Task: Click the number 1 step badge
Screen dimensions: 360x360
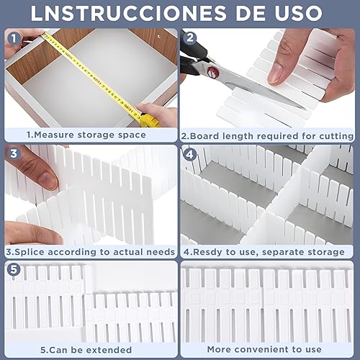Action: click(14, 38)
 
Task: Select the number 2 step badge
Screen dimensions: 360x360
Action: click(190, 37)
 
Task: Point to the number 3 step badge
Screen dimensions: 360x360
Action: click(14, 153)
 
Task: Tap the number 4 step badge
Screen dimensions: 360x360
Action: click(189, 155)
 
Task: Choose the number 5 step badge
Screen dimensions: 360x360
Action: click(14, 269)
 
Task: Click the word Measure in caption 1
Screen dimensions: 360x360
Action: click(54, 135)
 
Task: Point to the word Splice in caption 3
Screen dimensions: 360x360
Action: click(29, 252)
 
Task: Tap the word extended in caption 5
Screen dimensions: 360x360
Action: click(109, 350)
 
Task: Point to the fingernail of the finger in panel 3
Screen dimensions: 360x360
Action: click(48, 179)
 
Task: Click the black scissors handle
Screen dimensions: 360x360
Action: click(192, 56)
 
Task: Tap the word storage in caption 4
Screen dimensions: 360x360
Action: click(325, 253)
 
